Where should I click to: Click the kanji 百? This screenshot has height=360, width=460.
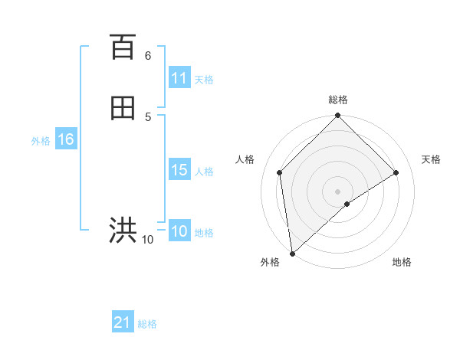(123, 47)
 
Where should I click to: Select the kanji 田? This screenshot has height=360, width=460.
(123, 109)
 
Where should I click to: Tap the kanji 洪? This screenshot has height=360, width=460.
(123, 230)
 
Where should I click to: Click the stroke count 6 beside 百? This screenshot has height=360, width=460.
(148, 56)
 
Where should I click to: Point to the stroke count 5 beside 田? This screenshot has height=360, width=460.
(148, 116)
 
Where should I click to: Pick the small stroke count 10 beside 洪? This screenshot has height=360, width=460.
(148, 240)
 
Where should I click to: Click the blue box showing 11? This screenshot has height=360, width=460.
(179, 78)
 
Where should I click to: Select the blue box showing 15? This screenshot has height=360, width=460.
(179, 170)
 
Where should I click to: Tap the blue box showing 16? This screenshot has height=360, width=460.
(66, 139)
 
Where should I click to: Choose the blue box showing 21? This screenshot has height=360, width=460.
(123, 322)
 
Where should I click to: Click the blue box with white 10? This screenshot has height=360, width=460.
(179, 231)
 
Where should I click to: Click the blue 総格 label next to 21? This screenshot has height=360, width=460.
(147, 324)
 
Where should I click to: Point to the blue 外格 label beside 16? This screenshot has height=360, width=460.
(41, 141)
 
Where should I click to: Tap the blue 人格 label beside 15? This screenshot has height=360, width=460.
(205, 172)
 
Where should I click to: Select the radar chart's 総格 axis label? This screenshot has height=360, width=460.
(338, 100)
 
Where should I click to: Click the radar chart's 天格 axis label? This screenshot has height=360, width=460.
(432, 159)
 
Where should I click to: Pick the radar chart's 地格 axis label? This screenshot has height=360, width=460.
(402, 262)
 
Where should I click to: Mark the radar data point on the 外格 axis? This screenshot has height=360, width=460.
(291, 254)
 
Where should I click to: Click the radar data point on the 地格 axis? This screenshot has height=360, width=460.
(347, 204)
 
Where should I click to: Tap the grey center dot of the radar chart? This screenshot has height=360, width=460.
(338, 191)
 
